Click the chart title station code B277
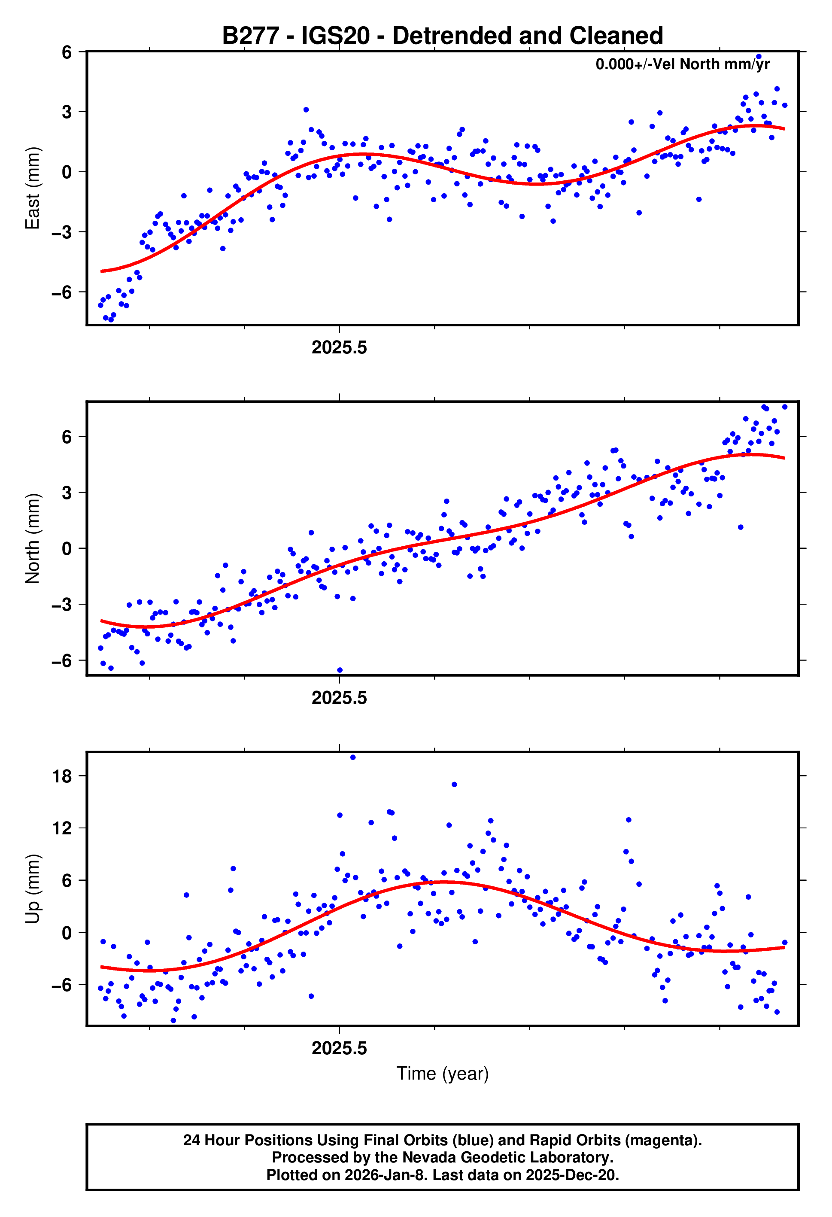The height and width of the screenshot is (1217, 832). click(250, 36)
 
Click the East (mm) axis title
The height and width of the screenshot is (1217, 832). click(33, 188)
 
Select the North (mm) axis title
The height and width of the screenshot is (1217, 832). click(33, 539)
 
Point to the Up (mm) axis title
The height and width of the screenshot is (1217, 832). click(33, 889)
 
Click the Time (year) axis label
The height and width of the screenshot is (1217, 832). click(443, 1074)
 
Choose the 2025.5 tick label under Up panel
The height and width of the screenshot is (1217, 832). click(339, 1048)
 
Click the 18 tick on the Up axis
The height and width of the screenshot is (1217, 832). click(62, 776)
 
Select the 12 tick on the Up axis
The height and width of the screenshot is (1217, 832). click(62, 828)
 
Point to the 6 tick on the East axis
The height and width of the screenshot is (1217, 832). click(67, 52)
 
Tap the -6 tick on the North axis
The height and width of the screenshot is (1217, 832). click(62, 661)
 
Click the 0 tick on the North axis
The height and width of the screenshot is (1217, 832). click(67, 549)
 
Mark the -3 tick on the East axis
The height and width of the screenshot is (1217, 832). click(62, 232)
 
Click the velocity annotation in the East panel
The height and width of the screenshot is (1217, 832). click(682, 64)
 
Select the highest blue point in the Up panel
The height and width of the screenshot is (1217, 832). click(353, 757)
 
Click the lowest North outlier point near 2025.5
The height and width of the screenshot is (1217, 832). click(340, 670)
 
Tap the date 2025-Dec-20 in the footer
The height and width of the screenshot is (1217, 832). click(572, 1174)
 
